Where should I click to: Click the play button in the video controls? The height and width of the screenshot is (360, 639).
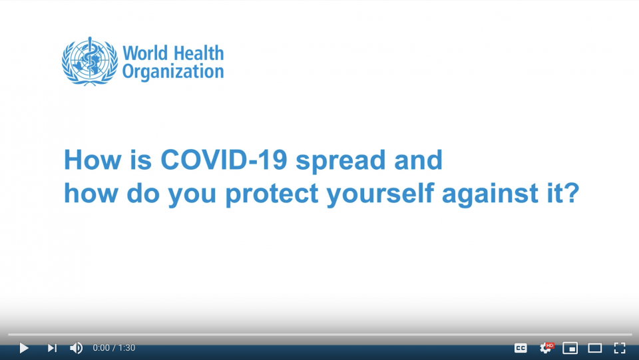(24, 348)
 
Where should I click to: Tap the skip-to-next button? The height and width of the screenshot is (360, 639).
(52, 348)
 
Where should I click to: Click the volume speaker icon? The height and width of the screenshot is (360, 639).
(76, 348)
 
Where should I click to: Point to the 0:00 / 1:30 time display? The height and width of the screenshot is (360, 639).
(114, 348)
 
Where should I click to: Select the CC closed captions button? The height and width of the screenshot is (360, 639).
(521, 348)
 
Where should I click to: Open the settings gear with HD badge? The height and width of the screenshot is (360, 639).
(546, 347)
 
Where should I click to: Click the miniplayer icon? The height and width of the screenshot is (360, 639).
(570, 348)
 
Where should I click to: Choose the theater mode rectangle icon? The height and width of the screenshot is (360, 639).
(594, 348)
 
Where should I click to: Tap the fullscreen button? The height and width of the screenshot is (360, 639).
(620, 348)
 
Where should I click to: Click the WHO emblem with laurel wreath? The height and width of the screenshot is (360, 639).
(90, 61)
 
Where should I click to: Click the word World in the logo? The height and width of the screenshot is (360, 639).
(145, 53)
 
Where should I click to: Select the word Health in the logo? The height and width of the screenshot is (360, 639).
(198, 53)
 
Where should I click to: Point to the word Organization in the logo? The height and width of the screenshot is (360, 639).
(173, 72)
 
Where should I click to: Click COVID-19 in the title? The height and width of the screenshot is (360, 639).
(224, 160)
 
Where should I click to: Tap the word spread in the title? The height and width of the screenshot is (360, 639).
(340, 161)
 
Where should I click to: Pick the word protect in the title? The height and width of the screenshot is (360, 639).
(272, 194)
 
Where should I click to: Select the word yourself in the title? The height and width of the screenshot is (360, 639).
(380, 194)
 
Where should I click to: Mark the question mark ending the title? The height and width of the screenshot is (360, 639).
(572, 192)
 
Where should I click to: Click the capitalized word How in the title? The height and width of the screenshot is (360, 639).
(93, 160)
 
